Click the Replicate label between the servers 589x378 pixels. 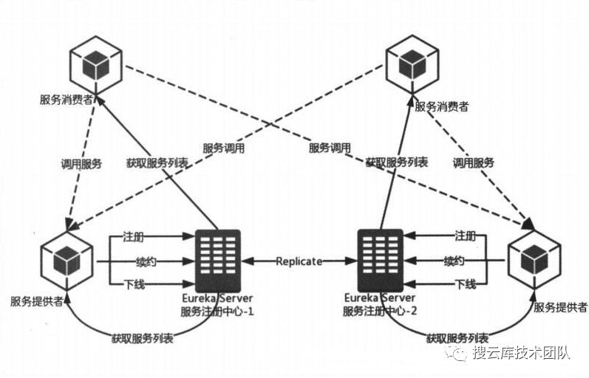click(299, 261)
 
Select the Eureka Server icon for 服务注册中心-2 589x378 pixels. click(380, 260)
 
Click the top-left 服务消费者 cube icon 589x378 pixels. click(93, 66)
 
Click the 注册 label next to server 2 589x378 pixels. click(464, 237)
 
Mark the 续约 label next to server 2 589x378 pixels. click(454, 261)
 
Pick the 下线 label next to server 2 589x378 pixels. click(464, 284)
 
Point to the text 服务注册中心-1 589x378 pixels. click(218, 311)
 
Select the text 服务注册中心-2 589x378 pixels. click(381, 311)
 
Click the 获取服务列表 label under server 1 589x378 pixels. click(143, 338)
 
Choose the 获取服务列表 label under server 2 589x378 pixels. click(457, 338)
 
